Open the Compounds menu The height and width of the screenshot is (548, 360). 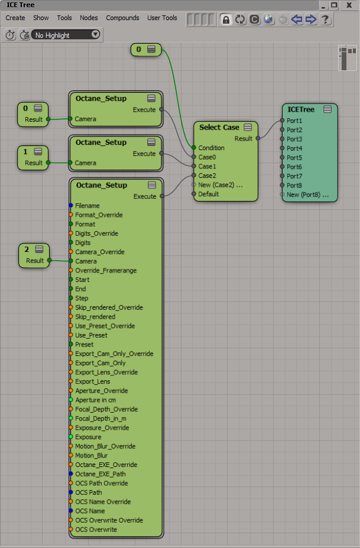[x=122, y=18]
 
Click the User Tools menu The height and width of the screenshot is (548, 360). [x=162, y=18]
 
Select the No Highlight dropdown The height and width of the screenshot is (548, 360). [x=66, y=35]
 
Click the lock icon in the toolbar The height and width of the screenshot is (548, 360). [x=225, y=20]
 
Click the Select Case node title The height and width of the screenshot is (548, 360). [x=219, y=127]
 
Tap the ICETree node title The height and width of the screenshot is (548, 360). [x=301, y=109]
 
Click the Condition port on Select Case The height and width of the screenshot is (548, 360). [x=211, y=148]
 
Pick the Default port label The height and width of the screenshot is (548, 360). [x=208, y=194]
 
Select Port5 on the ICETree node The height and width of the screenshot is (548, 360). [x=294, y=158]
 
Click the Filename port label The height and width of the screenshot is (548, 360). [x=87, y=206]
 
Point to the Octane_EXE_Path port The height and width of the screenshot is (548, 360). [x=100, y=474]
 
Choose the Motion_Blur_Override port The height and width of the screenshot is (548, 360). [x=105, y=446]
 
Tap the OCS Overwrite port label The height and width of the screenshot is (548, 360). [x=96, y=530]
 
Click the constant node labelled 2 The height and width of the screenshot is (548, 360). [x=27, y=249]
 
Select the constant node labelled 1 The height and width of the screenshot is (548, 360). [x=26, y=152]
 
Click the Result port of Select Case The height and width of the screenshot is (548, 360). [x=244, y=138]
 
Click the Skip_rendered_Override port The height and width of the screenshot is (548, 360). [x=109, y=307]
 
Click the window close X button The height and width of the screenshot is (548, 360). [x=348, y=5]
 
